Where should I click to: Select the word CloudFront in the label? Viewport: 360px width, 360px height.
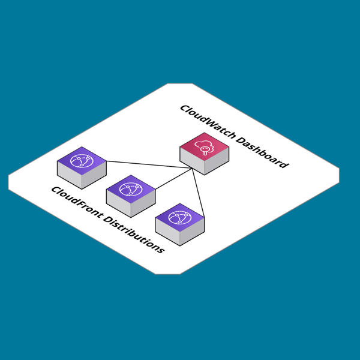point(74,203)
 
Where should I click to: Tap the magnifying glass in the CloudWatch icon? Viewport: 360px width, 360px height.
point(206,151)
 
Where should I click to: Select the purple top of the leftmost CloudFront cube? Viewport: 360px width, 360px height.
point(82,160)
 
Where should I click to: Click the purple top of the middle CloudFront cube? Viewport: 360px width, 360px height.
point(131,189)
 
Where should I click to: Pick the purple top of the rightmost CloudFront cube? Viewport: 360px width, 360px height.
point(180,217)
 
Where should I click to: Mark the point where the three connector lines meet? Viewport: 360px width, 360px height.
point(192,169)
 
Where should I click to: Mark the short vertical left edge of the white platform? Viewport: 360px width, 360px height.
point(8,182)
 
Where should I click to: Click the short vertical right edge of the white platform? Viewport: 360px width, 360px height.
point(339,175)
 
